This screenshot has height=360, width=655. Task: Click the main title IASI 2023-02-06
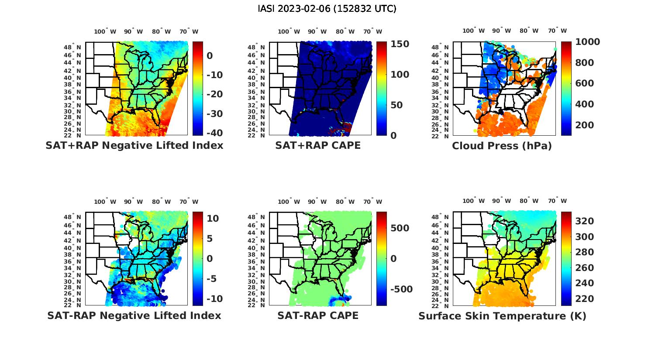(x=327, y=9)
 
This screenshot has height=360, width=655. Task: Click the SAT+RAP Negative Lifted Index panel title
(x=134, y=146)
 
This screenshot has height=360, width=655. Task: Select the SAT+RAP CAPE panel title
(x=318, y=146)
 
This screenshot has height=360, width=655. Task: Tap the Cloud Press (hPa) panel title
(x=502, y=146)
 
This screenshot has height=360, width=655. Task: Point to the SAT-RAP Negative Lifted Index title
(x=134, y=315)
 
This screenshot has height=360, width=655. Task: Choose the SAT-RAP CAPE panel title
(x=318, y=315)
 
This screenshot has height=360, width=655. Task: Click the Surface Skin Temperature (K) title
(x=502, y=315)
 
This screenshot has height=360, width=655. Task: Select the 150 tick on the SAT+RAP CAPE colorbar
(x=400, y=44)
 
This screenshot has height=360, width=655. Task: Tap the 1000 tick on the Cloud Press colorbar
(x=587, y=42)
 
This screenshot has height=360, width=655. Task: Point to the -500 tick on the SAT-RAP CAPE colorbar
(x=400, y=290)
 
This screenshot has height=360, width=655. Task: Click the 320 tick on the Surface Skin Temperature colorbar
(x=584, y=221)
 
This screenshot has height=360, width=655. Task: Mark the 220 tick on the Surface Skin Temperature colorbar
(x=584, y=299)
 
